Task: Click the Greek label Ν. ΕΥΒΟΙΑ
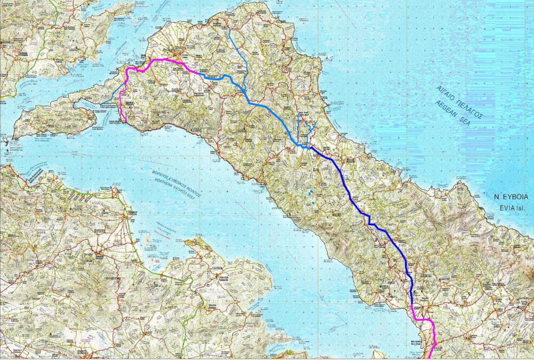click(x=506, y=198)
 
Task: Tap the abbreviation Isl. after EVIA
click(x=520, y=208)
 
